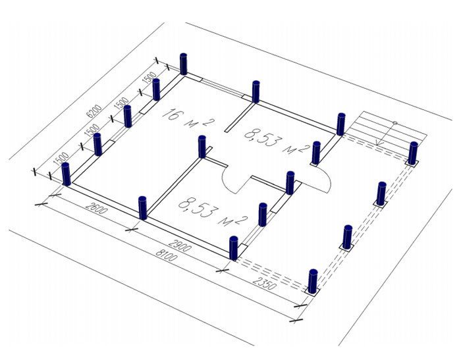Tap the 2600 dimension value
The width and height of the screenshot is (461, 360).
tap(97, 208)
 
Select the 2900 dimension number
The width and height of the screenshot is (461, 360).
tap(180, 245)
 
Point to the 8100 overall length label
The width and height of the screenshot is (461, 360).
tap(167, 255)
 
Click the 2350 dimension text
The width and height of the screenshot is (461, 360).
tap(265, 282)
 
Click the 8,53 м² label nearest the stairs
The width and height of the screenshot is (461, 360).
tap(277, 141)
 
